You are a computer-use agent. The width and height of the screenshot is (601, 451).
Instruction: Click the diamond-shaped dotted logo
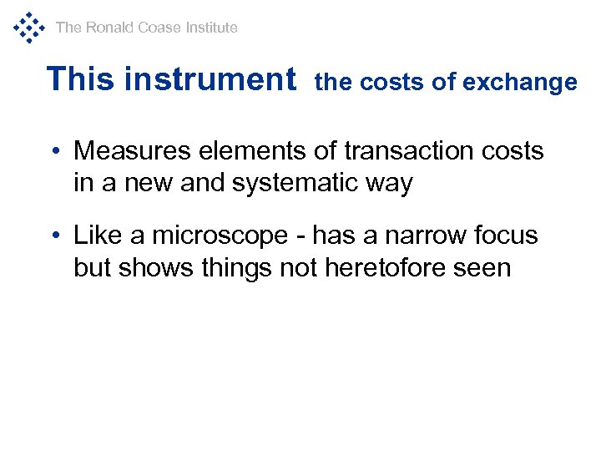(x=28, y=27)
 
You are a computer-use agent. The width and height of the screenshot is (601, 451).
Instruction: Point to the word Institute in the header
(x=211, y=28)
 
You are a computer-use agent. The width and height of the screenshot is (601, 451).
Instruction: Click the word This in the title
(x=81, y=79)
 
